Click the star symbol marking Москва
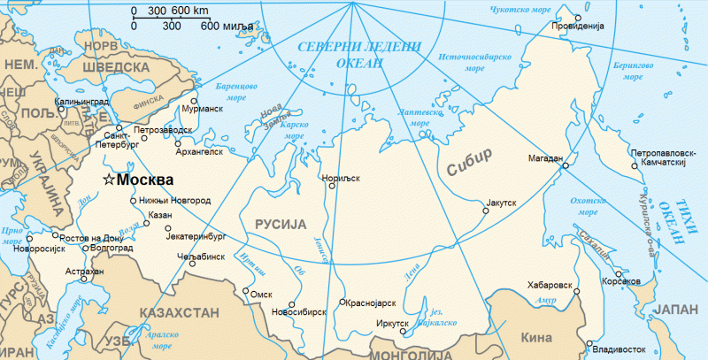[x=109, y=180]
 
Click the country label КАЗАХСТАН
[x=176, y=312]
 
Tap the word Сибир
[x=469, y=168]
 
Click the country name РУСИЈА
[x=281, y=224]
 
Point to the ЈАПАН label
[x=675, y=310]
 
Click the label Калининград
[x=81, y=102]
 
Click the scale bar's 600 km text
[x=189, y=11]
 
